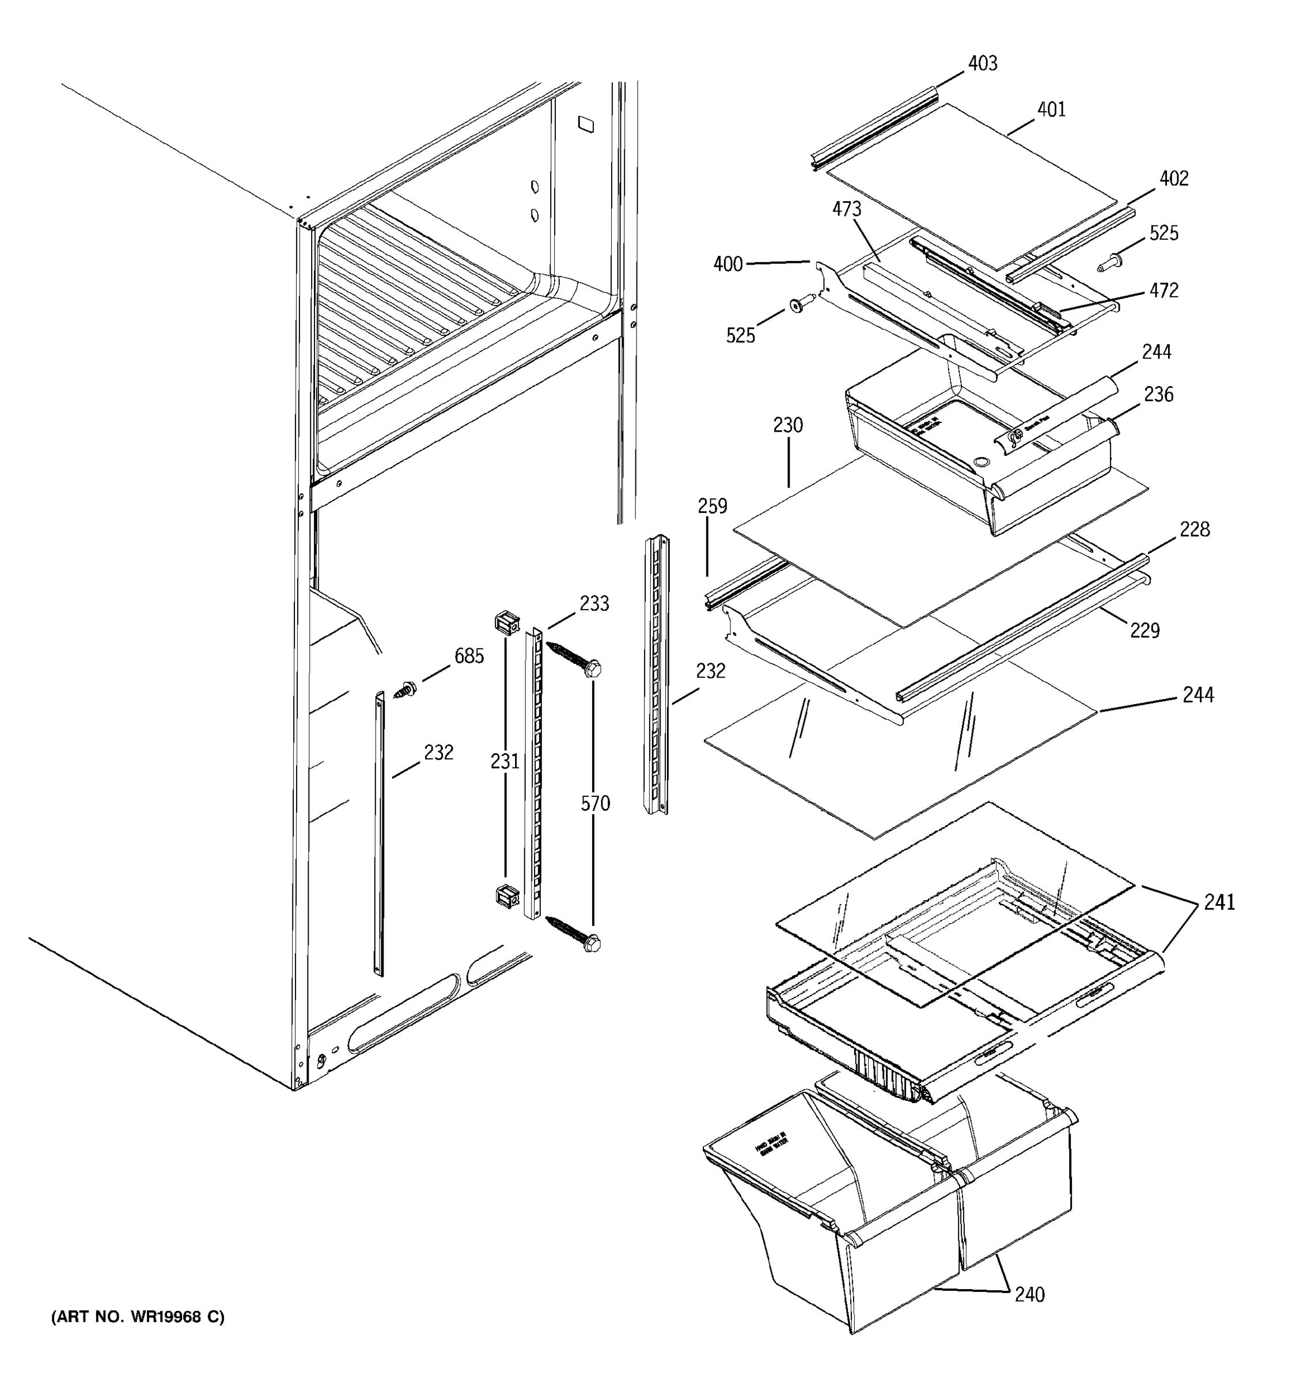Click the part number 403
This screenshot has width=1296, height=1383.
983,63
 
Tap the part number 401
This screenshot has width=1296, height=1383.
1051,109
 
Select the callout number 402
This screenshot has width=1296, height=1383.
1174,178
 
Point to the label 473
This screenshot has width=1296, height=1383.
846,209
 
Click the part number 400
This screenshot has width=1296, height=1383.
727,264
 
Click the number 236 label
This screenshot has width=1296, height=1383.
1158,395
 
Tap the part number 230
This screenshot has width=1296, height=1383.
788,425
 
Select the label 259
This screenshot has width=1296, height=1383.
712,506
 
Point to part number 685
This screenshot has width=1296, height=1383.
469,655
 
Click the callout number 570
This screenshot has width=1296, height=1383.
595,803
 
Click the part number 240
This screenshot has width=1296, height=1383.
1029,1295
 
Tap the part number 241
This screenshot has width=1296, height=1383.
1219,902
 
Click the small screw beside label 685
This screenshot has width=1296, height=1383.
406,690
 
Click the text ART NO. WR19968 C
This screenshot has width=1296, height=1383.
138,1317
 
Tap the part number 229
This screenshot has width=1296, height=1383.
1145,630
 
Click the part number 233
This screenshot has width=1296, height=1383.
594,603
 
